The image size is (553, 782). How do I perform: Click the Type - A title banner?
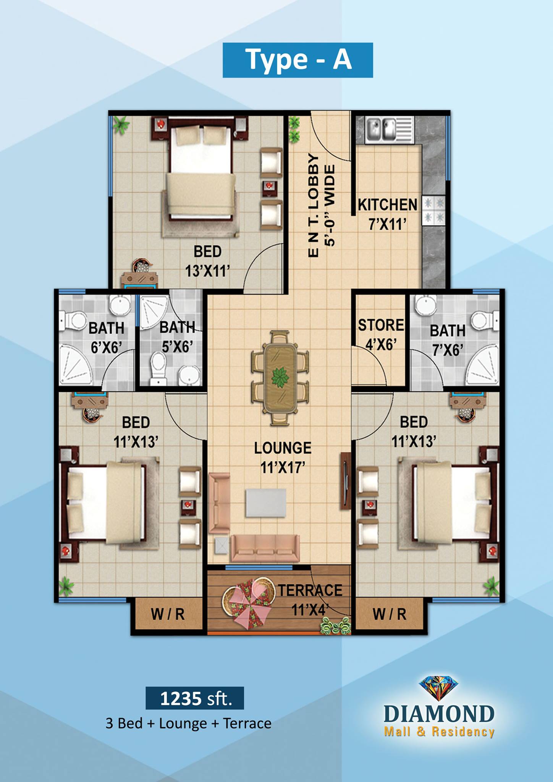click(298, 60)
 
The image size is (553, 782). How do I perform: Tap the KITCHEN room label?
click(387, 205)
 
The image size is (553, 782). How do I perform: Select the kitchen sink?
click(389, 130)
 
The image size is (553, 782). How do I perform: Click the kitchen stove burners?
click(434, 210)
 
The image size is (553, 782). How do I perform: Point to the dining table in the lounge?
click(280, 377)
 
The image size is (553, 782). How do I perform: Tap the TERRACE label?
click(310, 590)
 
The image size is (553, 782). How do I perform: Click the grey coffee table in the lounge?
click(266, 503)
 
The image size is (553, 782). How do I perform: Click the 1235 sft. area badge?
click(195, 698)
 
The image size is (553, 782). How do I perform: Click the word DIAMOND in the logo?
click(439, 714)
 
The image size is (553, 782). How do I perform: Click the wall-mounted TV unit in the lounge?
click(345, 481)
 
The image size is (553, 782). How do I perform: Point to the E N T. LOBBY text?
click(313, 205)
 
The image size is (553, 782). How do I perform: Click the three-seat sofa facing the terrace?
click(265, 549)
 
